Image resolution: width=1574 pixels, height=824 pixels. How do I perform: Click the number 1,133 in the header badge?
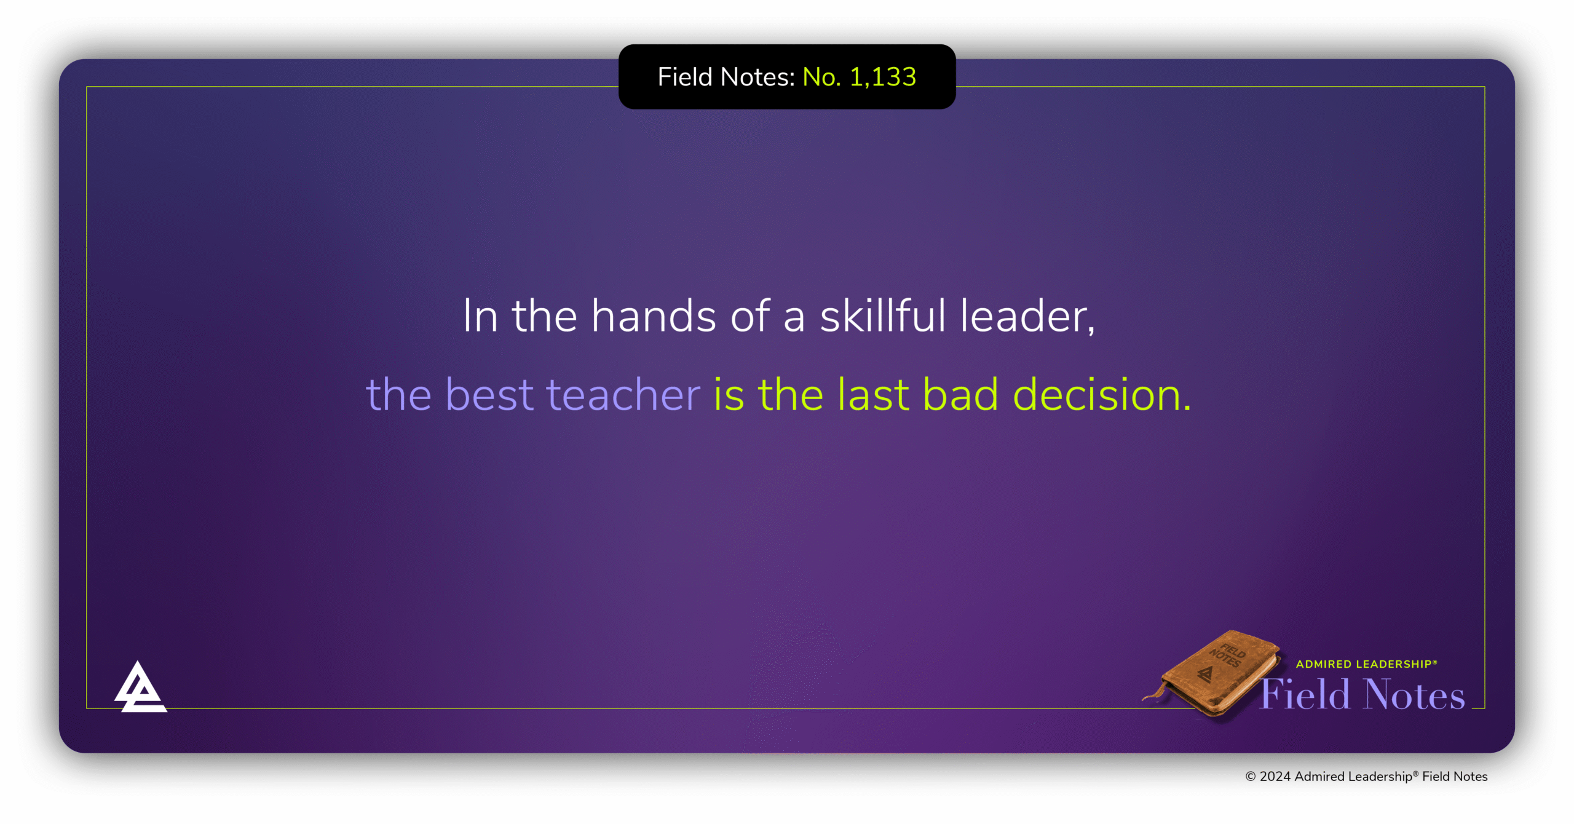click(883, 77)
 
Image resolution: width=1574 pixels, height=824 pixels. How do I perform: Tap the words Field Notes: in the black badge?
click(726, 77)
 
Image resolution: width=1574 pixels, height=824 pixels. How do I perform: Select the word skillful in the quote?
click(883, 315)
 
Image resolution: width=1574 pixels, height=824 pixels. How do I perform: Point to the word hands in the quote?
click(653, 315)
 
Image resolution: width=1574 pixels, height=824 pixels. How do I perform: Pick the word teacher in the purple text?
click(623, 395)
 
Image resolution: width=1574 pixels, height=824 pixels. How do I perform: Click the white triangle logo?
click(140, 687)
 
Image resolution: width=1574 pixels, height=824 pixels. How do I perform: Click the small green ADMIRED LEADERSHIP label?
click(1366, 664)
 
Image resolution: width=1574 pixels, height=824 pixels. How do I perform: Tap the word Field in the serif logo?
click(1305, 694)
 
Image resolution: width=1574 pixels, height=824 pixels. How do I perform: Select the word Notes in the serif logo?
click(1414, 694)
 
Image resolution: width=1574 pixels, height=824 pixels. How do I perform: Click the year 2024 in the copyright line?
click(1275, 777)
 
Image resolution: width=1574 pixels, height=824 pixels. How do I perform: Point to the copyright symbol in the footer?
click(1250, 777)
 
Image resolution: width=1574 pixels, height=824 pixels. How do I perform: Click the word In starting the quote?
click(480, 315)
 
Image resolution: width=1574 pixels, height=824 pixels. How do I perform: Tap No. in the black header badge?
click(821, 77)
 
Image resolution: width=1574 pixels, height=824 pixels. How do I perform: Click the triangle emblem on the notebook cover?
click(1205, 675)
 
